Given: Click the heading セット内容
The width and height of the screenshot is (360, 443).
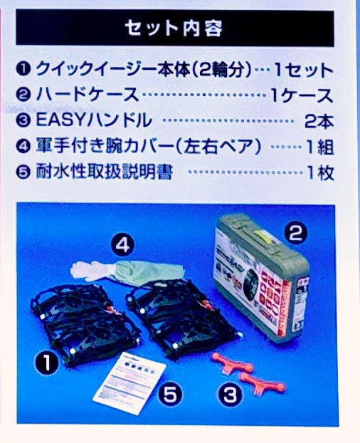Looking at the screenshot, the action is [174, 28].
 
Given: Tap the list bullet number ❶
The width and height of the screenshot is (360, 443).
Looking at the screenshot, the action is [23, 70].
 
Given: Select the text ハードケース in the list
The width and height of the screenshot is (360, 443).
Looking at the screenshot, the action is [88, 95].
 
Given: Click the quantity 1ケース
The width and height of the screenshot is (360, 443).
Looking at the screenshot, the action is [302, 95].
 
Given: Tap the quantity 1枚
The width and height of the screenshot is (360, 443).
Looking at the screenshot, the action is [321, 172].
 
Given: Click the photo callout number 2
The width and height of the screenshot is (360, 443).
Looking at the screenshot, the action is [295, 234].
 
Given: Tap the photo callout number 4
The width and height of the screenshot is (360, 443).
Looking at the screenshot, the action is [122, 245].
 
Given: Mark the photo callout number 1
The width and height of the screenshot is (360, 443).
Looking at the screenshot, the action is [47, 363].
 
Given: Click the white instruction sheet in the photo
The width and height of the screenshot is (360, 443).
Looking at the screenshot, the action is [129, 383].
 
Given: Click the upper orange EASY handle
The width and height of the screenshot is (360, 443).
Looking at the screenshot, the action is [232, 363].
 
